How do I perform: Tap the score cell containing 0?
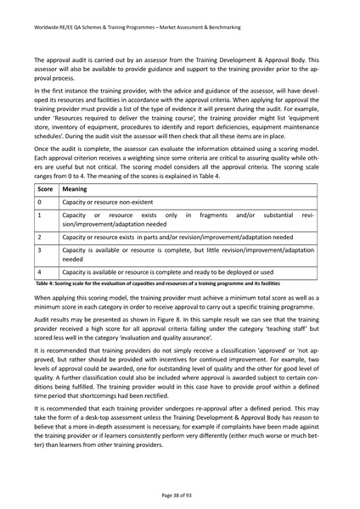(41, 204)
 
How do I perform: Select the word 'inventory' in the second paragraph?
(51, 122)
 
